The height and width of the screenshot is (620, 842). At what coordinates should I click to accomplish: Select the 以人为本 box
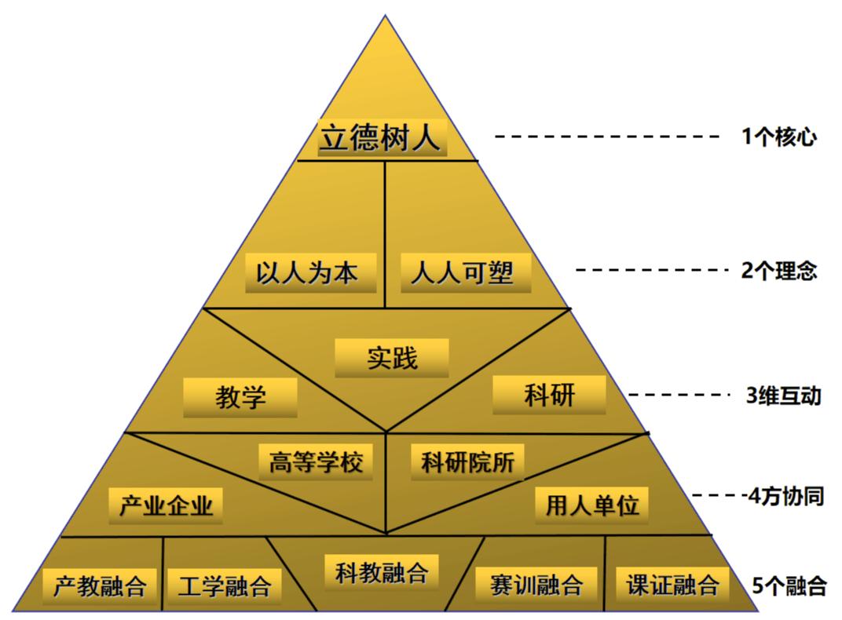point(310,272)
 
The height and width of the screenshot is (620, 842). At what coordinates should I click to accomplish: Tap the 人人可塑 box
point(465,272)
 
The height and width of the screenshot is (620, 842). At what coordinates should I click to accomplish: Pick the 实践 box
point(392,358)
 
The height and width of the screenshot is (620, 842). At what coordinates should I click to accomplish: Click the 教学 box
point(240,397)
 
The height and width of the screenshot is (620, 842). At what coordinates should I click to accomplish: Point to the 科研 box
point(549,395)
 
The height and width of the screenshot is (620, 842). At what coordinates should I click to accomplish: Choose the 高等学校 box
point(316,462)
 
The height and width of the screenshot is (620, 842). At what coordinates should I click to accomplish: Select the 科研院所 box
point(468,462)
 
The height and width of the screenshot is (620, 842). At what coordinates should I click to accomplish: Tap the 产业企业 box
point(166,505)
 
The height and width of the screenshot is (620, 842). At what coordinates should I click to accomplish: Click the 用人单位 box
point(592,505)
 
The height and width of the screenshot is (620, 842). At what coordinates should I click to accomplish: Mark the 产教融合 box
point(100,585)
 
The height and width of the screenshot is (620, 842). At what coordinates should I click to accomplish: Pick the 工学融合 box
point(225,585)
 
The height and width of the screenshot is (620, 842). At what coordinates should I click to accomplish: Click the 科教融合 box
point(381,572)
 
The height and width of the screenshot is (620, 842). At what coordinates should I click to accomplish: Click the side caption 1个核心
point(779,137)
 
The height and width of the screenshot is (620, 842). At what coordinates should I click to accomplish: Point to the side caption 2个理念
point(779,271)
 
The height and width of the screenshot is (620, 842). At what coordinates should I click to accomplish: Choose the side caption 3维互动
point(783,396)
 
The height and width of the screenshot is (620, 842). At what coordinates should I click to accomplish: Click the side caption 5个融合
point(789,585)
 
